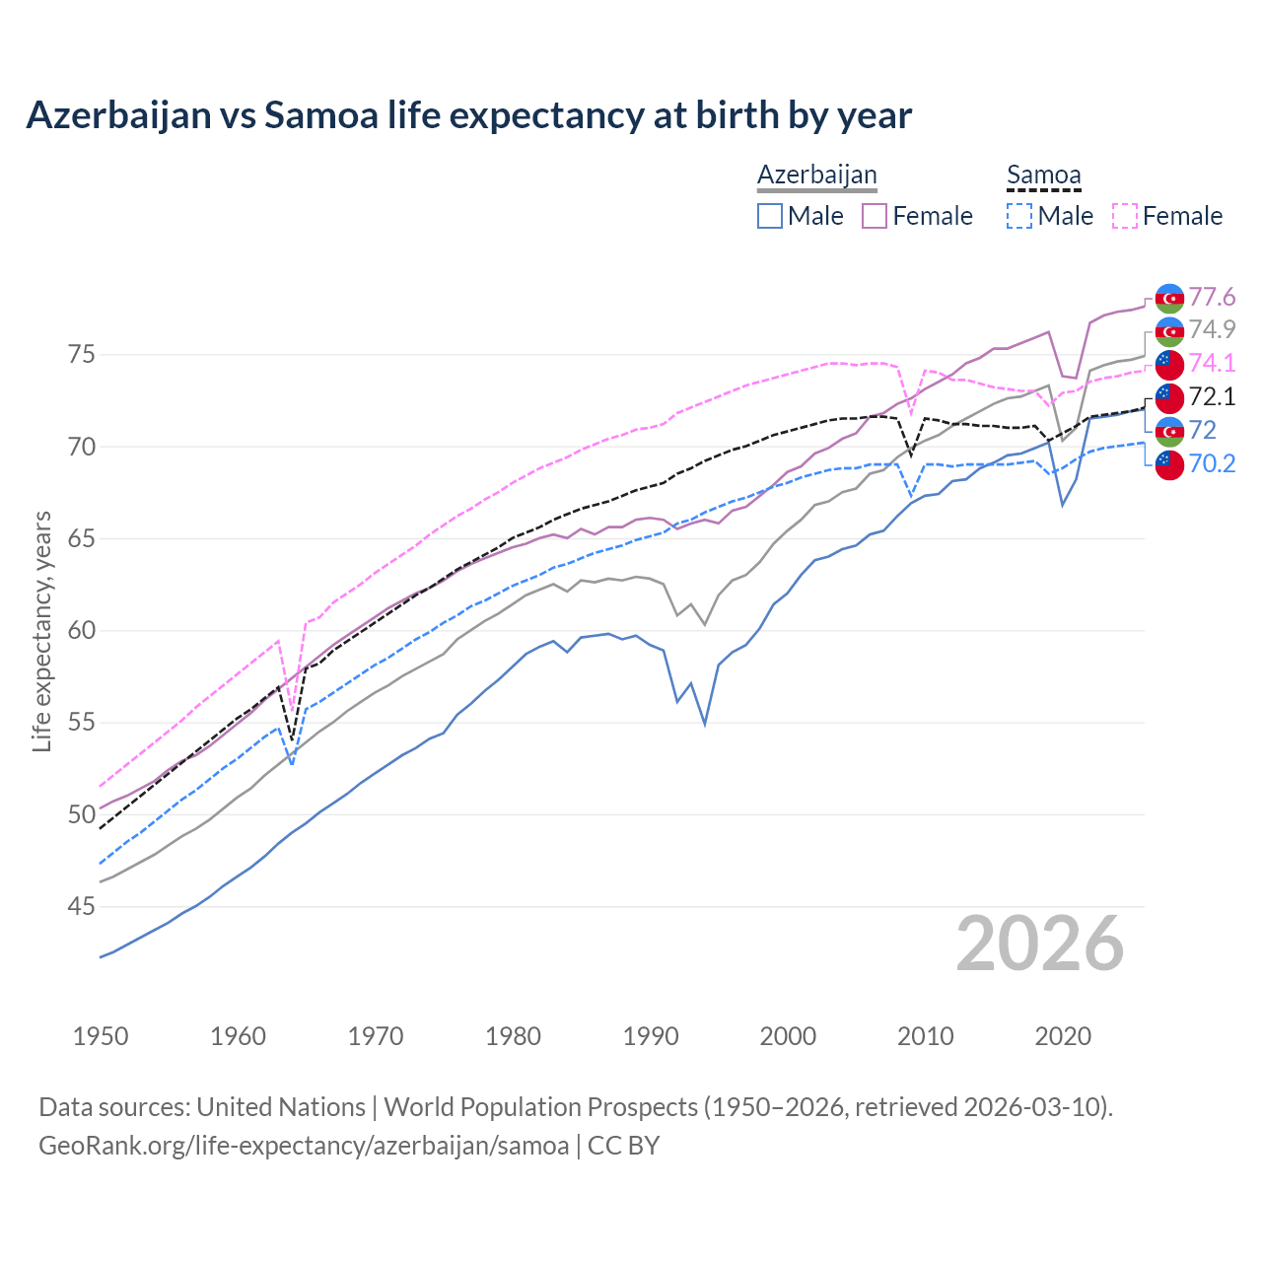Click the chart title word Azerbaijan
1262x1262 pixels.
118,115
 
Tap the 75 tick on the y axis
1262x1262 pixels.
82,354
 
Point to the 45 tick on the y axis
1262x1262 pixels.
82,906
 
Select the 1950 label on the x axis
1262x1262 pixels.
101,1036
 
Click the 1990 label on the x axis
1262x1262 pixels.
651,1036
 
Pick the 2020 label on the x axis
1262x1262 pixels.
1063,1036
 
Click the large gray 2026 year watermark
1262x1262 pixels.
1040,944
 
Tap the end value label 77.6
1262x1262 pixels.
1212,297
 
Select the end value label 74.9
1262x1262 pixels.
1212,329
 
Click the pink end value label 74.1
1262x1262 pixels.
1212,363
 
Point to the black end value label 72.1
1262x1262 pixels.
1212,396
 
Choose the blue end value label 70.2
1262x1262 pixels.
1212,463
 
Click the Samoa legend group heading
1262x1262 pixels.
1043,175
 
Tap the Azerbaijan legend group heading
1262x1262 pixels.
816,175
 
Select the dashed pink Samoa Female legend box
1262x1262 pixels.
1125,216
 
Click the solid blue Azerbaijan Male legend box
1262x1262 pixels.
770,216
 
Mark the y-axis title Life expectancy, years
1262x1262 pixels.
41,631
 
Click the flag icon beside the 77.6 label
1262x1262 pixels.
1169,298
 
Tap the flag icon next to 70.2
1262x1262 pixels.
1169,464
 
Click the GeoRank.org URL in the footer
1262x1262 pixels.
304,1146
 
